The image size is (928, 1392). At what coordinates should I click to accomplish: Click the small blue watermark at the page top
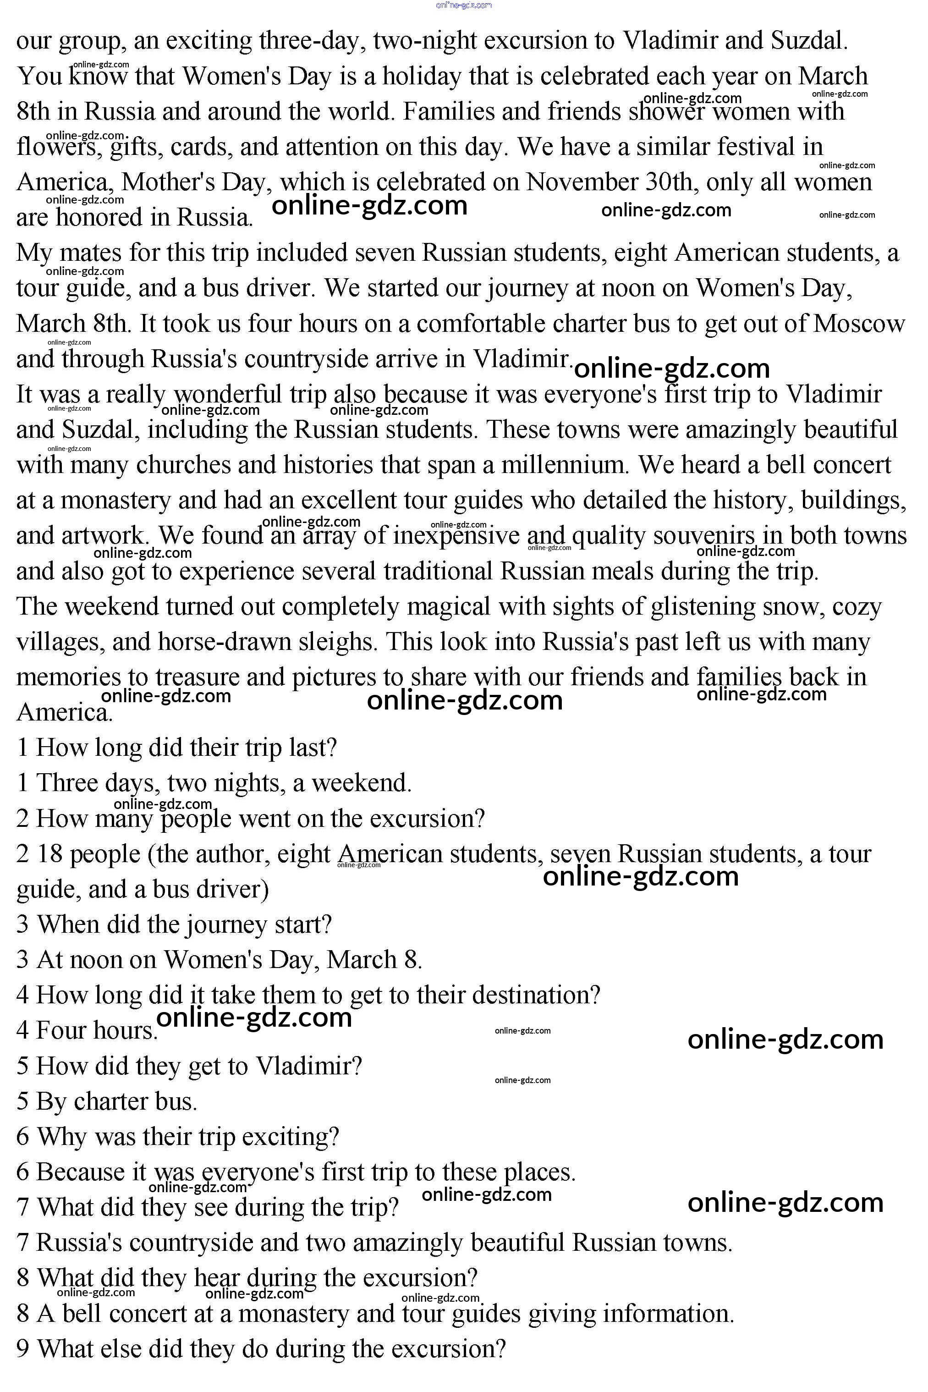(463, 6)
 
